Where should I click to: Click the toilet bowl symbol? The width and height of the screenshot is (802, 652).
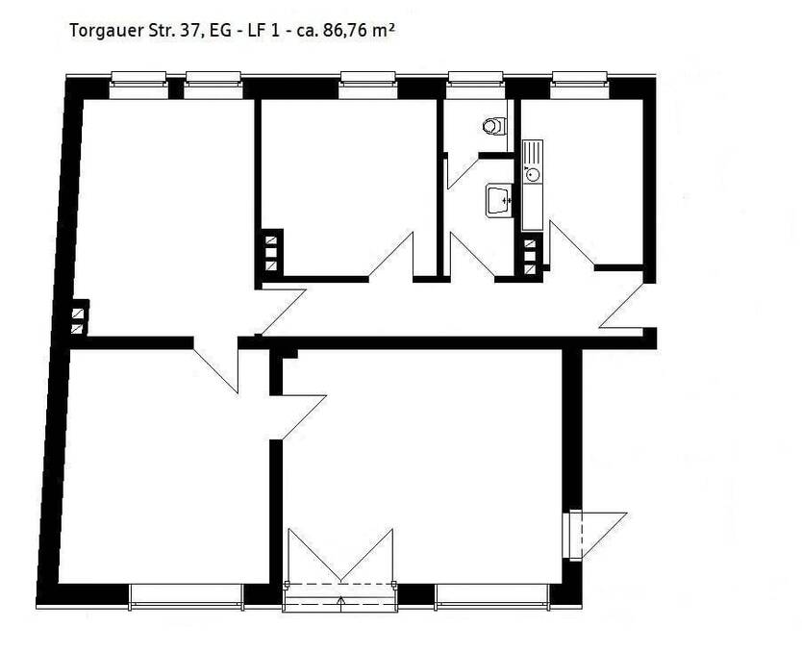tap(494, 126)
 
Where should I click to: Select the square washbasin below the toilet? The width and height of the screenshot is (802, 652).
tap(499, 200)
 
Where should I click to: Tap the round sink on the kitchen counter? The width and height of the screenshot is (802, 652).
tap(531, 174)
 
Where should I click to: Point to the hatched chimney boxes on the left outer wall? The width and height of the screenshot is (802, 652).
tap(78, 318)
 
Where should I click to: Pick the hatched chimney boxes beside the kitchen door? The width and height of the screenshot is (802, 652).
tap(530, 258)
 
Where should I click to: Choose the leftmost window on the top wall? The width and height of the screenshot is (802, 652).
tap(138, 85)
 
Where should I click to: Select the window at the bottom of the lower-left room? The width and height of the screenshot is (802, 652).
tap(187, 596)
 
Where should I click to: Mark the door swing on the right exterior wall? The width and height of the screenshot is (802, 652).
tap(594, 534)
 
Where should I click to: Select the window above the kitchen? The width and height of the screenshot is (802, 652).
tap(580, 85)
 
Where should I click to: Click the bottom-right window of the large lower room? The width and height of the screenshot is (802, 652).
tap(493, 596)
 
